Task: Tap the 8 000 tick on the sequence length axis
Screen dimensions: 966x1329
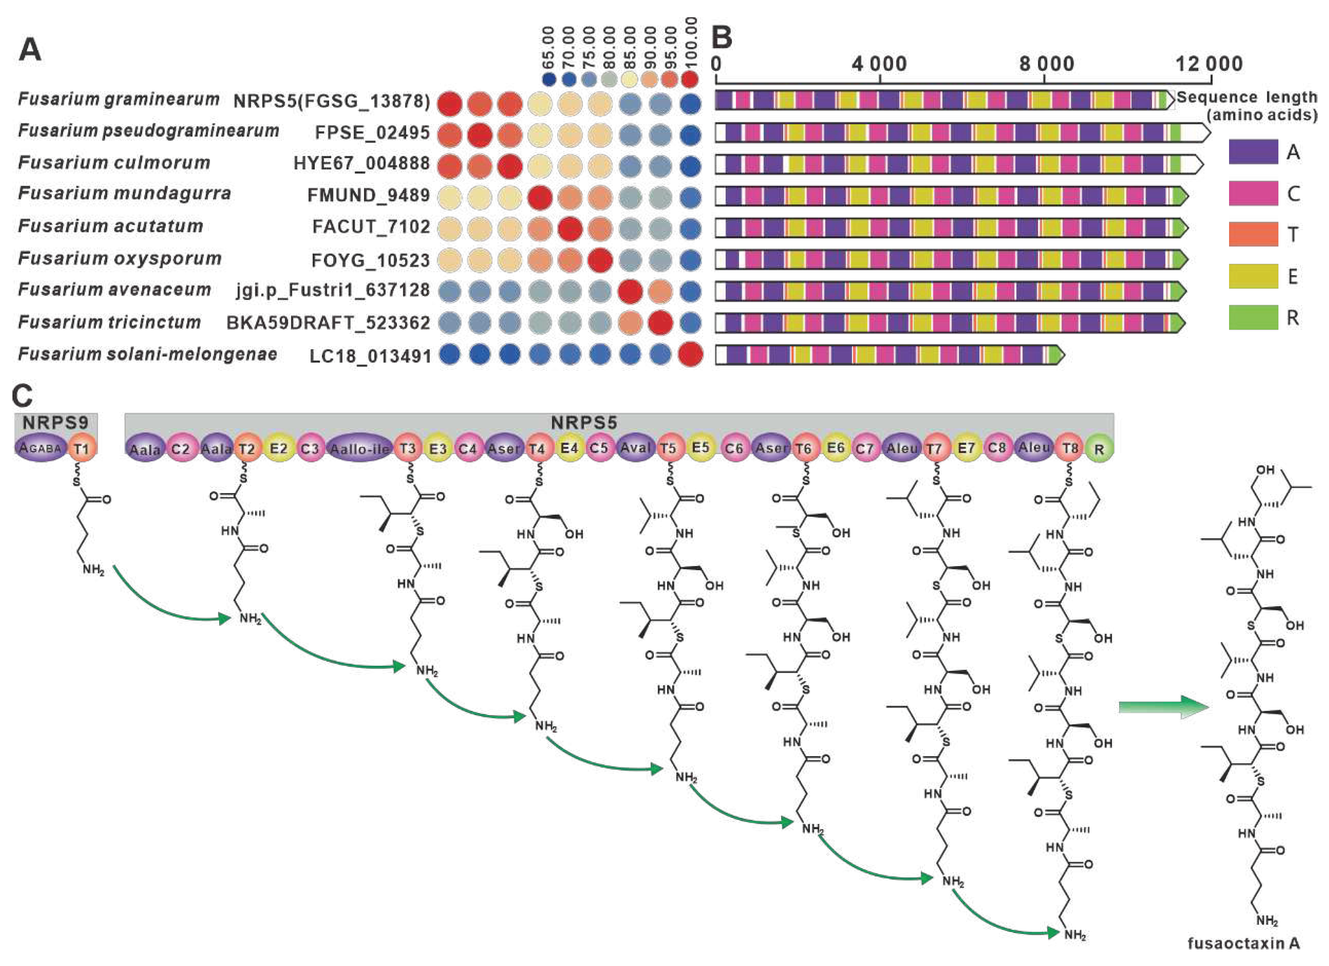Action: coord(1046,63)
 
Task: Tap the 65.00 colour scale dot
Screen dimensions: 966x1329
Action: coord(549,79)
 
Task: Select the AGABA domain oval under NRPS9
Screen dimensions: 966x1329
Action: coord(41,448)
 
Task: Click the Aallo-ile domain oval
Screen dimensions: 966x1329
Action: coord(359,448)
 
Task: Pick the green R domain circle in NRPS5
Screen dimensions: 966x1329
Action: coord(1099,449)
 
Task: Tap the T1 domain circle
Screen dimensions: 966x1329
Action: coord(81,449)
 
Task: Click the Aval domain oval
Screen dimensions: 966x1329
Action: coord(636,448)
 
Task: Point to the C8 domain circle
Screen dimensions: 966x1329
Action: coord(997,448)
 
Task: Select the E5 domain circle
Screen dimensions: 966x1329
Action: coord(701,448)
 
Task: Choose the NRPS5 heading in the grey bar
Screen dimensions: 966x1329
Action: coord(584,422)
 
